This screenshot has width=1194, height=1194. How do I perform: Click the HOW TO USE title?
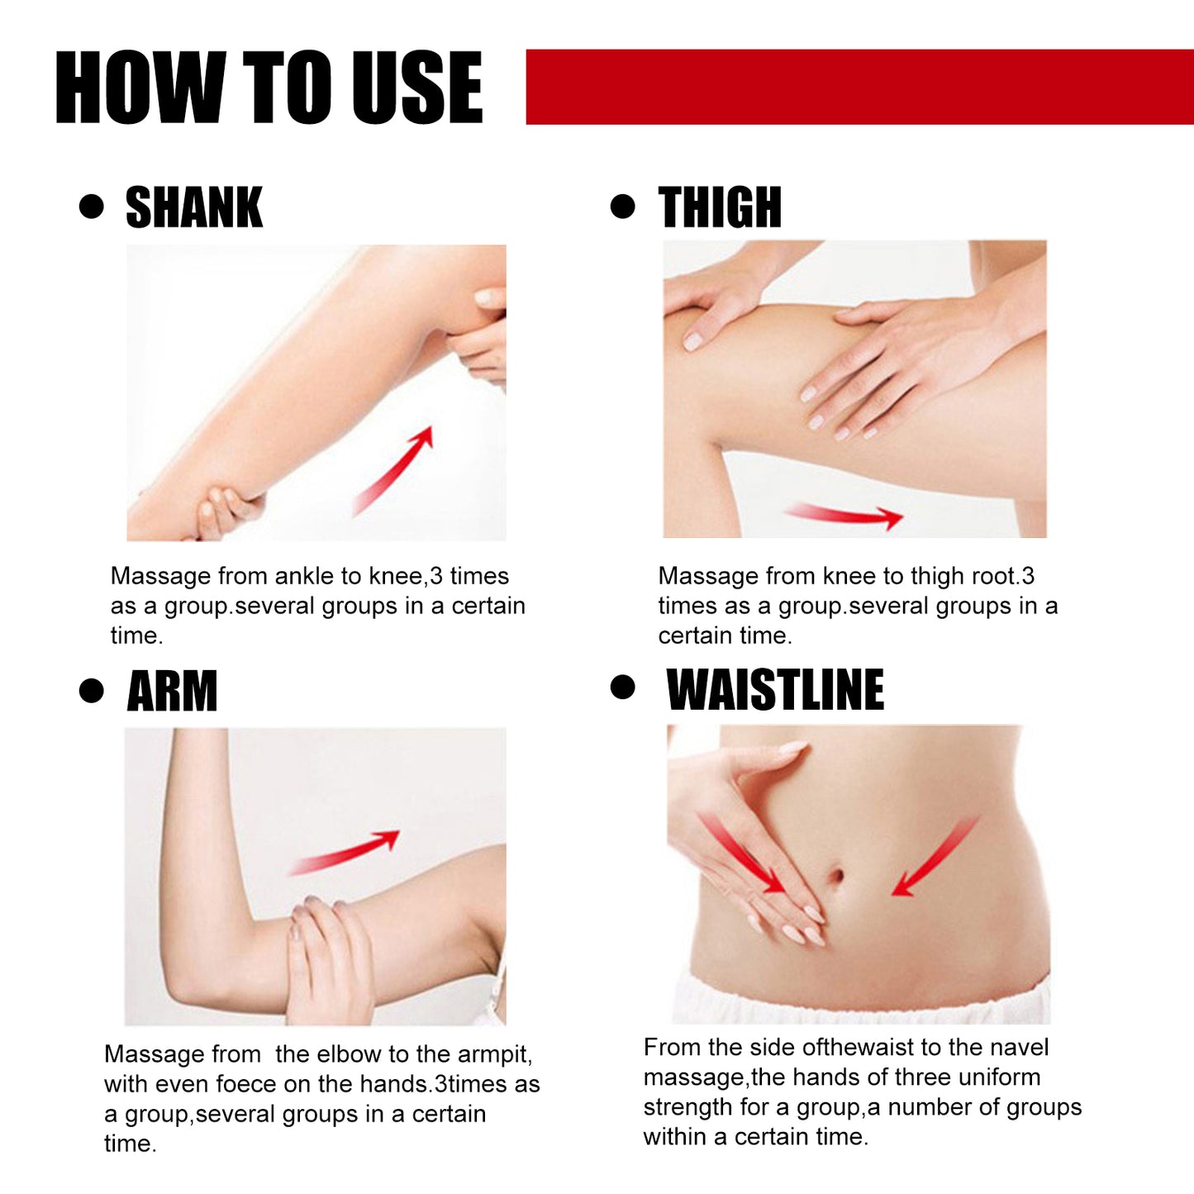pos(269,87)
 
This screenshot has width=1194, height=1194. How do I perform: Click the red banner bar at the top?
pos(859,87)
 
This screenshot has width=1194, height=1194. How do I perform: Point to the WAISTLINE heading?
pos(775,690)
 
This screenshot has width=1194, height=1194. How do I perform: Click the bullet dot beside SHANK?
pos(91,207)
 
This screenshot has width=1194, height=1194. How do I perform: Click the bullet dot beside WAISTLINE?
pos(622,687)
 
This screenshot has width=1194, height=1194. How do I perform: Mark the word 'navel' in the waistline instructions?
pos(1018,1048)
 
